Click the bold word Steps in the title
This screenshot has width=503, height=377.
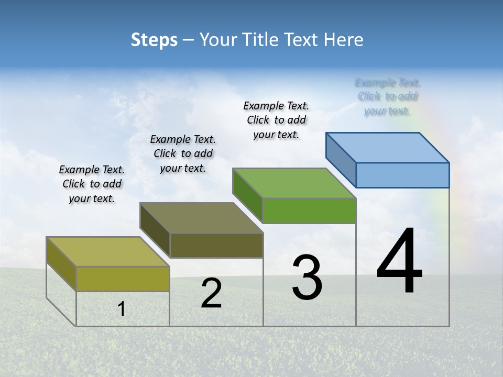(154, 40)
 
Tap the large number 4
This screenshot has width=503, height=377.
(399, 262)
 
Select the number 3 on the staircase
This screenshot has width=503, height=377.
(307, 278)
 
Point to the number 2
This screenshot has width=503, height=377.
(211, 293)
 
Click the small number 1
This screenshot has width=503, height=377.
(122, 309)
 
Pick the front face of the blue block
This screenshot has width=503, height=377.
(402, 175)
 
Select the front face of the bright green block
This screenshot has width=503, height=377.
(309, 210)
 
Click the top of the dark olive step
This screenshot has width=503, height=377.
(201, 218)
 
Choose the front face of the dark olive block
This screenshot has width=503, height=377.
(216, 245)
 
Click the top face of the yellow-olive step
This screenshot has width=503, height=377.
(108, 251)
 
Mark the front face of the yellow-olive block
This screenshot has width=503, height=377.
(123, 279)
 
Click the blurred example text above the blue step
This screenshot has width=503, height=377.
(388, 96)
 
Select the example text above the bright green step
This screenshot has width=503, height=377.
(276, 120)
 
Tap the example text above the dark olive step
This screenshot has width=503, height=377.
(183, 153)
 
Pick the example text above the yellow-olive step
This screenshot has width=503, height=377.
(92, 184)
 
